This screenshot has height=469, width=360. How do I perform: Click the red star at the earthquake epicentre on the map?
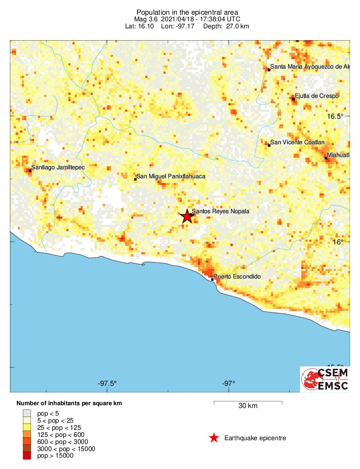point(187,217)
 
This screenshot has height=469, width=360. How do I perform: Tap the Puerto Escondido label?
point(237,277)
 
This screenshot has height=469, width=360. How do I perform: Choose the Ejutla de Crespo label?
point(317,96)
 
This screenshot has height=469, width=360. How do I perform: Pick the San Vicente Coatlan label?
point(297,142)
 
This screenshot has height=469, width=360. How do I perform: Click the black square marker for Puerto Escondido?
point(213,279)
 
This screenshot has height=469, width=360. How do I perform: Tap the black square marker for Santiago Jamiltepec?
point(30,170)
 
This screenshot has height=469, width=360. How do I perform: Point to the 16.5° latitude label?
point(338,116)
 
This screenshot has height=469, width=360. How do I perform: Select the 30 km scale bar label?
point(248,406)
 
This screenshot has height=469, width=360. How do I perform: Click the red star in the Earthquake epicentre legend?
point(214,438)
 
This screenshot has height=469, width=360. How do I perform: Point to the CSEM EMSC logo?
point(325,379)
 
